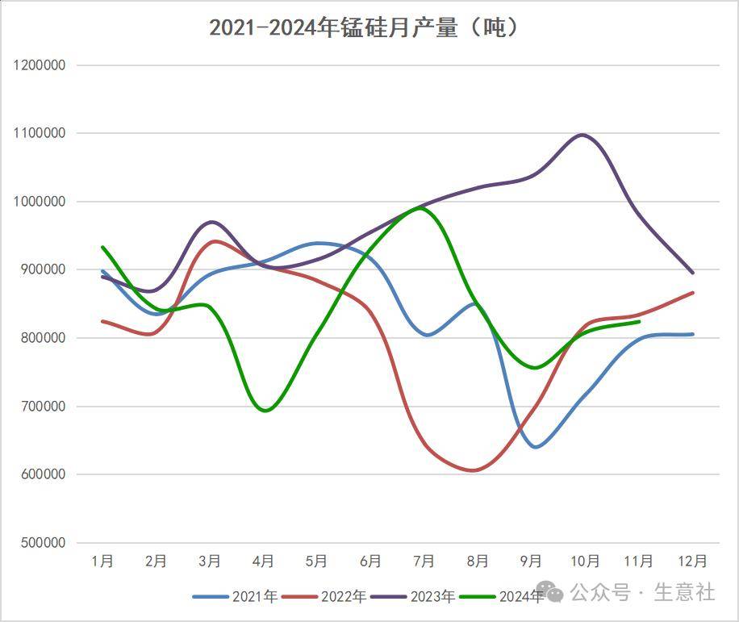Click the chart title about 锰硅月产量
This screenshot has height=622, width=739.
[x=363, y=27]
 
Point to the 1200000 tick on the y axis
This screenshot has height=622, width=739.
[x=40, y=65]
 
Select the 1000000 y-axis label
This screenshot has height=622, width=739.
[x=40, y=201]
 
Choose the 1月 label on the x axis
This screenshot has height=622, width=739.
[x=102, y=561]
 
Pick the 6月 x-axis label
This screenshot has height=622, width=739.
[x=370, y=561]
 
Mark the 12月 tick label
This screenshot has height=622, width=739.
[x=691, y=561]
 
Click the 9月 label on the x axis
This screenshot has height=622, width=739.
[x=531, y=561]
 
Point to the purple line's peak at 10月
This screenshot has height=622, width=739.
[x=582, y=135]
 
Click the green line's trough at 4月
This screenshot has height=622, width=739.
[x=264, y=410]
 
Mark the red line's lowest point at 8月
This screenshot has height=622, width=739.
[x=474, y=470]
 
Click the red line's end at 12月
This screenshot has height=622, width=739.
[x=692, y=293]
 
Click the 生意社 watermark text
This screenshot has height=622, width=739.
[x=684, y=593]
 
